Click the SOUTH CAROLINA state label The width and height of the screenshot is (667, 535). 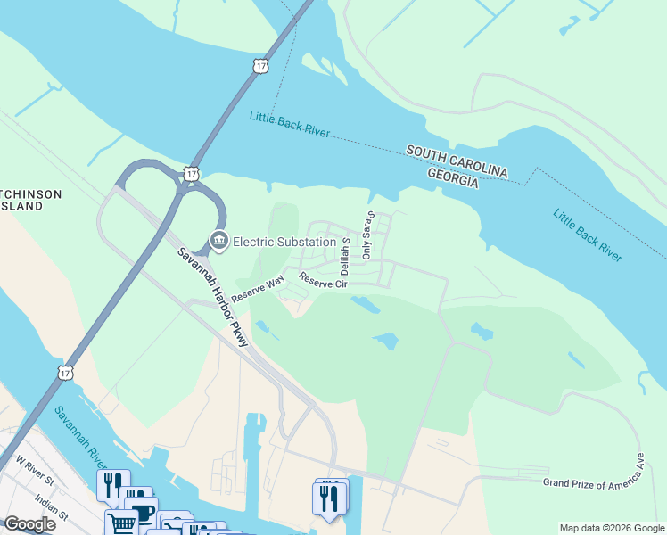point(457,161)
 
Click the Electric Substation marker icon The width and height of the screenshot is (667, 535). point(218,240)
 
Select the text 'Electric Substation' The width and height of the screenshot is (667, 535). point(278,241)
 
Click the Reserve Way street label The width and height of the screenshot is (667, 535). point(257,290)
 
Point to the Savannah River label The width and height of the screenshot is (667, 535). point(81,438)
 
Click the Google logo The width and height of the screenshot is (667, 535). point(29,524)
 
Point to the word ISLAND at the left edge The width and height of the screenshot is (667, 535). point(21,206)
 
